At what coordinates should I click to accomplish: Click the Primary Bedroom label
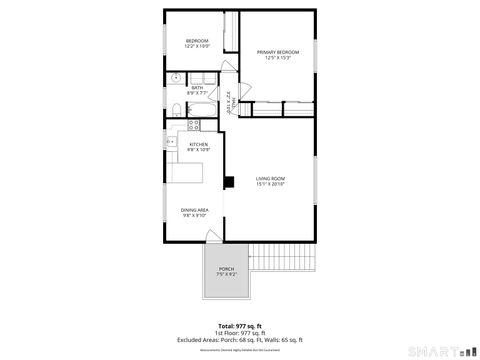click(277, 51)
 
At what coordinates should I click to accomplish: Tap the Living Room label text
click(270, 178)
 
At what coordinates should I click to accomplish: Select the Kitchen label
click(198, 144)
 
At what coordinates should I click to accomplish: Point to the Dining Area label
click(194, 209)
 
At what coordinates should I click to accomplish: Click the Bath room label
click(198, 87)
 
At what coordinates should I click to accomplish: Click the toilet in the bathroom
click(174, 109)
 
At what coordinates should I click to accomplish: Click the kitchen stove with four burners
click(194, 125)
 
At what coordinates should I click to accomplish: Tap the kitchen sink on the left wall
click(170, 142)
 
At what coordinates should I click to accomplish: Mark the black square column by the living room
click(229, 182)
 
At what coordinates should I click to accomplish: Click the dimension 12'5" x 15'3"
click(277, 57)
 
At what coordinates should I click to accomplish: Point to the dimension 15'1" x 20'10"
click(270, 184)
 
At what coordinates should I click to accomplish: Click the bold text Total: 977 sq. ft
click(239, 326)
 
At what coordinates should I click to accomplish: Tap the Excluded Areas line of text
click(239, 340)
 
